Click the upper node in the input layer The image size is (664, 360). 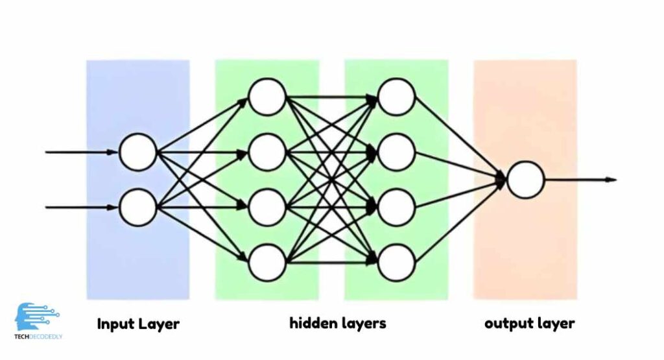point(138,152)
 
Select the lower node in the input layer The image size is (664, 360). point(138,208)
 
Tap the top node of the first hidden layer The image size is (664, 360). point(267,97)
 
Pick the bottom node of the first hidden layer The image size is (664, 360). point(267,263)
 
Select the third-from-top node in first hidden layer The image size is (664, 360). point(267,208)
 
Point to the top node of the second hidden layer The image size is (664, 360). point(396,97)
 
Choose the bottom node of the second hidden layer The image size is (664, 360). point(396,263)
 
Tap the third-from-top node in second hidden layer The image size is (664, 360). point(396,208)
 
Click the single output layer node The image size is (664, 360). point(525,180)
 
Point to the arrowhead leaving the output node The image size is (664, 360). point(610,180)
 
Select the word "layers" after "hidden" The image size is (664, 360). point(364,323)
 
